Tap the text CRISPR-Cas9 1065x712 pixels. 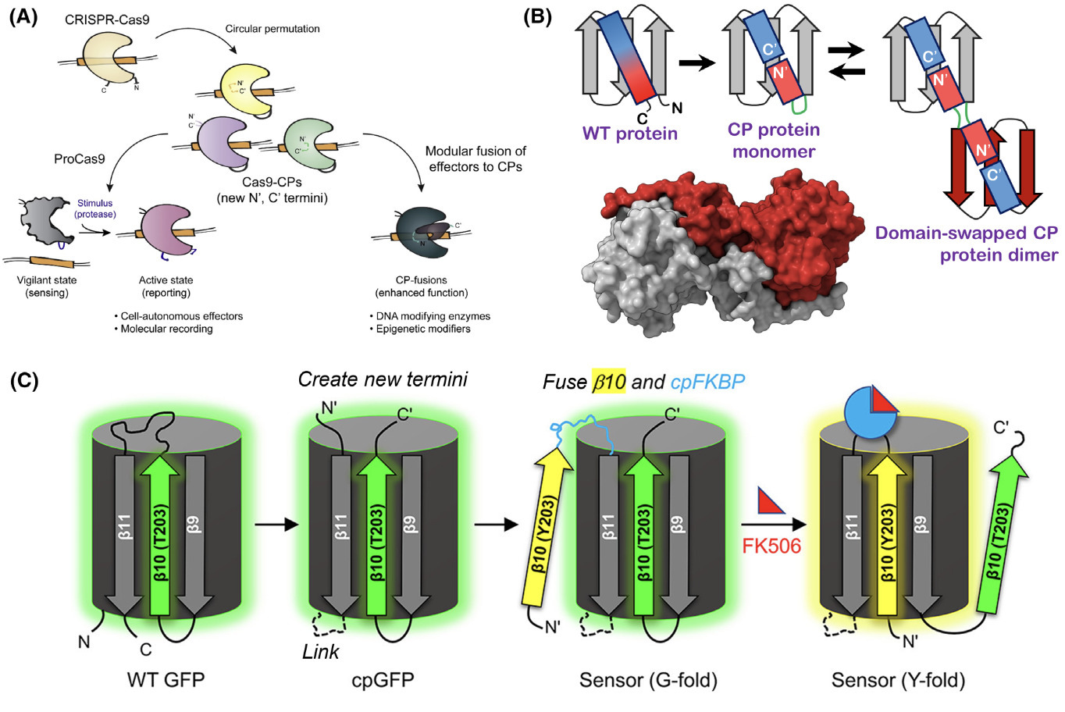coord(108,19)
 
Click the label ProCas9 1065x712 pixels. coord(80,158)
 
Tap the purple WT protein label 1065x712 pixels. coord(629,133)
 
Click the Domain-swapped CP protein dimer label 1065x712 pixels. coord(966,244)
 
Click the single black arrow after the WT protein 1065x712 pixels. coord(696,63)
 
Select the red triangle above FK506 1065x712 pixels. coord(772,501)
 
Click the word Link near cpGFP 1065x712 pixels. coord(320,650)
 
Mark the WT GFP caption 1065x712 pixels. coord(166,679)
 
